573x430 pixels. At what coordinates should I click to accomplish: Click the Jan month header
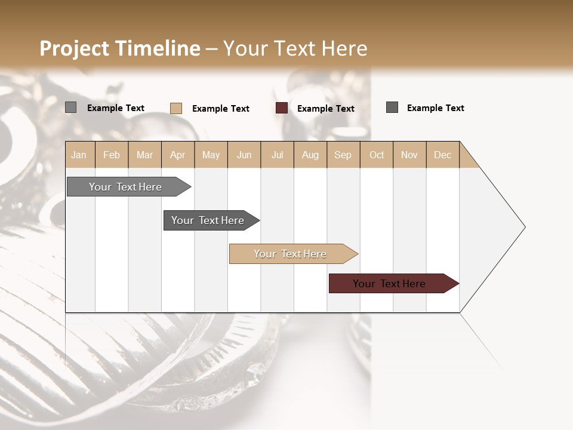(x=79, y=155)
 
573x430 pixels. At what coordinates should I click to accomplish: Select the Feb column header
(x=112, y=155)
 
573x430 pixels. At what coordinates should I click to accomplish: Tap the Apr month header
(x=178, y=155)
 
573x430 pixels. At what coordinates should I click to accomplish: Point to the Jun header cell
(x=244, y=155)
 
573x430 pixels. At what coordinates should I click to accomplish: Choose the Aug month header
(x=310, y=155)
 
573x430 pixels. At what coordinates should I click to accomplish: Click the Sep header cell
(x=343, y=155)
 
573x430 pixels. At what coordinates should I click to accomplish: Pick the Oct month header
(x=377, y=155)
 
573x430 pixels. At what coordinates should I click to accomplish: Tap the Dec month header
(x=443, y=155)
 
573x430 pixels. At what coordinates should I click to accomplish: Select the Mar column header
(x=145, y=155)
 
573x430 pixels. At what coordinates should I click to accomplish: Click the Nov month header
(x=409, y=155)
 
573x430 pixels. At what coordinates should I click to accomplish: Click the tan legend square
(x=176, y=108)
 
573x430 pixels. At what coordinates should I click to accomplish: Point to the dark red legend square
(x=282, y=108)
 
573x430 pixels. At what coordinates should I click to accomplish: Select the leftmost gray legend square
(x=71, y=107)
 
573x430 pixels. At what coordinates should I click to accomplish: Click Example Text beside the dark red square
(x=326, y=109)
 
